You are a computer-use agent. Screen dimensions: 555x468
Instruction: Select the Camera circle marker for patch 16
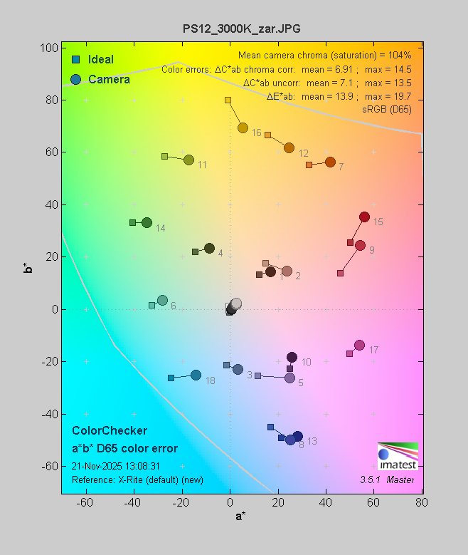[x=243, y=128]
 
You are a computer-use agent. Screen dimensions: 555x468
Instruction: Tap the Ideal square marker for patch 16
[x=228, y=100]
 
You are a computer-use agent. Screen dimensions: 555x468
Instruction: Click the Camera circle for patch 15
[x=364, y=217]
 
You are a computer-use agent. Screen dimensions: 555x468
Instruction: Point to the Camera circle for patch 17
[x=359, y=346]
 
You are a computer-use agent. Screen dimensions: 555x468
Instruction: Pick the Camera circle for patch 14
[x=147, y=223]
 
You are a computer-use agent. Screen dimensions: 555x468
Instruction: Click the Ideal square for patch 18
[x=171, y=378]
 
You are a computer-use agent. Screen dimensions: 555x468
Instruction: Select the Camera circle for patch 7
[x=330, y=162]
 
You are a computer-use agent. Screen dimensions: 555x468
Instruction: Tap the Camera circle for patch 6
[x=162, y=301]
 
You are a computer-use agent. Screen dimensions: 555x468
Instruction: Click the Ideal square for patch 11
[x=164, y=156]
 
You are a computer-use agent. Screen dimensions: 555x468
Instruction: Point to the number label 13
[x=312, y=442]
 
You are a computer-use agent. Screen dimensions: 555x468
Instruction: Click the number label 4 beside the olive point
[x=220, y=254]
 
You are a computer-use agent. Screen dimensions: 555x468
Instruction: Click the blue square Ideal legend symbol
[x=75, y=59]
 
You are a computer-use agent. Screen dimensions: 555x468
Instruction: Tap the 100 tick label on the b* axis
[x=49, y=48]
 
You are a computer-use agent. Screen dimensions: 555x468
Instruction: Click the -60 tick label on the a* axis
[x=85, y=503]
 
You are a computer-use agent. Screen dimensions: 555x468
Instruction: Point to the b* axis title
[x=27, y=268]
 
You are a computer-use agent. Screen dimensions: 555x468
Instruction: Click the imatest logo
[x=397, y=455]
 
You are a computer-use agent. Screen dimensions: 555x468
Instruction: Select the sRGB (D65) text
[x=387, y=108]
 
